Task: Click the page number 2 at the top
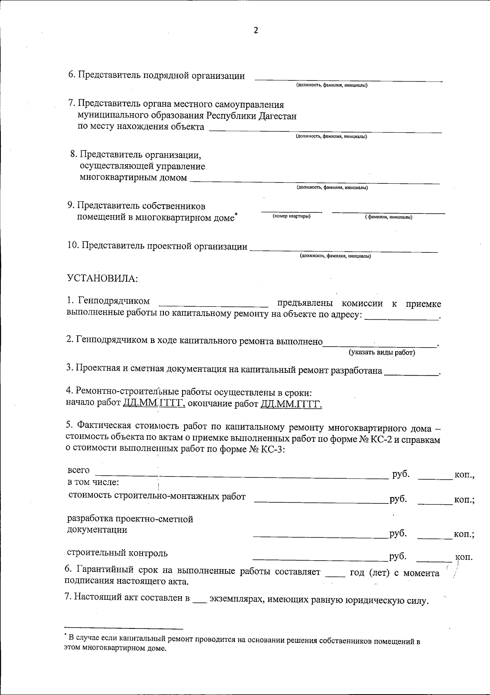pos(256,31)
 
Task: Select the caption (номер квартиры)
pos(292,216)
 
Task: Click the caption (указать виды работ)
pos(382,352)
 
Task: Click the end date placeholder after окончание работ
pos(291,405)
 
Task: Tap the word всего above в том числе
pos(78,470)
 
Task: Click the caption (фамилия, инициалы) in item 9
pos(388,217)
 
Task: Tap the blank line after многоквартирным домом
pos(315,181)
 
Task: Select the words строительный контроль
pos(117,553)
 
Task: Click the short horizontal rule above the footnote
pos(124,628)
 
